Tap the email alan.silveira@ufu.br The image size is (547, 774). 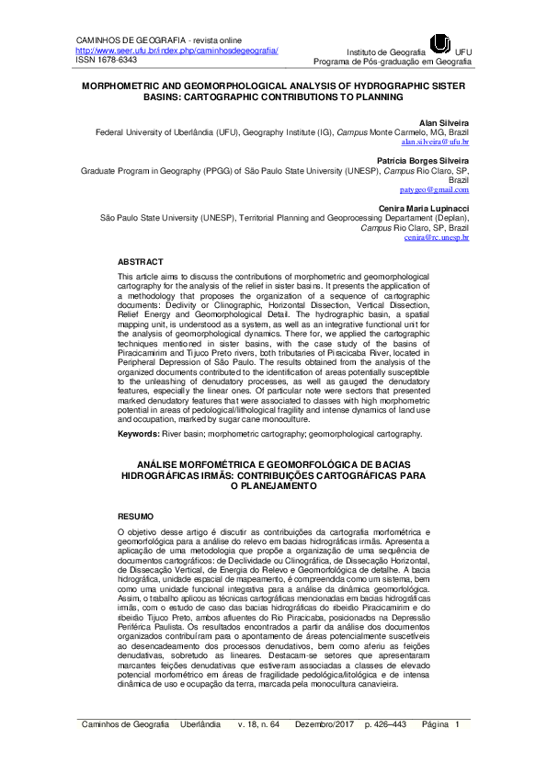[x=436, y=143]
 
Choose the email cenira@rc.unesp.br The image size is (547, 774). [x=437, y=237]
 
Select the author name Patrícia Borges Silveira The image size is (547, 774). [x=418, y=160]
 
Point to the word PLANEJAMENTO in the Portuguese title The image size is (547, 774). [x=273, y=486]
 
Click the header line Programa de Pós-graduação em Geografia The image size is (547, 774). [x=393, y=62]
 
